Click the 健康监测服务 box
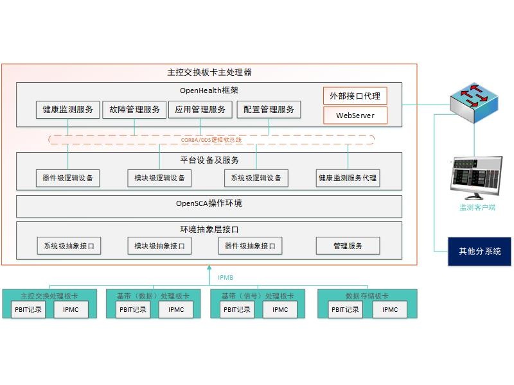point(67,110)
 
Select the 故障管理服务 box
point(134,110)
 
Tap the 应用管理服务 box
point(200,110)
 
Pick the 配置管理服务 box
point(269,110)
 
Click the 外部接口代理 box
point(355,96)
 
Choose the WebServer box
point(355,116)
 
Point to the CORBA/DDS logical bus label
point(212,139)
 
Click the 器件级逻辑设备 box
point(67,178)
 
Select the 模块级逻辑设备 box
point(159,178)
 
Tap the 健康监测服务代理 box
point(348,178)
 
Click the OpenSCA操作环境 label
point(209,204)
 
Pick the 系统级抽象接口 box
point(69,246)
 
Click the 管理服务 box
point(348,246)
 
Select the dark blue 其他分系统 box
point(479,251)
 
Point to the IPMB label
point(226,278)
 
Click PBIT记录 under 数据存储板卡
point(345,309)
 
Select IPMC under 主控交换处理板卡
point(71,309)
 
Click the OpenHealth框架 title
point(209,90)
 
